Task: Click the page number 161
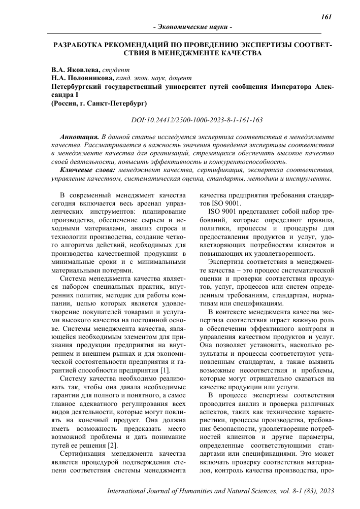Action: [x=326, y=17]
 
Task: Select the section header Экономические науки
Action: [x=192, y=26]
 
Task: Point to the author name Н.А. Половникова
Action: [x=82, y=78]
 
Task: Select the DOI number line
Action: [x=197, y=121]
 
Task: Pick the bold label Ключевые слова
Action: [x=87, y=170]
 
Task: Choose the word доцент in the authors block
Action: [x=181, y=78]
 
